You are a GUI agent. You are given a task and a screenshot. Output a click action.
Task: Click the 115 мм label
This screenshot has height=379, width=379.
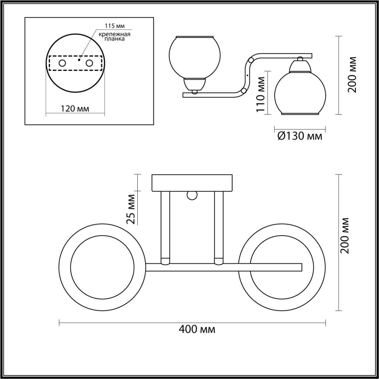[x=115, y=25]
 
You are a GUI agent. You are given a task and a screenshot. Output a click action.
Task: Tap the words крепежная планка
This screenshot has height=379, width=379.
[x=115, y=37]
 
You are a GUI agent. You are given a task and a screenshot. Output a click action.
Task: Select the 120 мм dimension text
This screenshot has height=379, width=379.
[x=75, y=108]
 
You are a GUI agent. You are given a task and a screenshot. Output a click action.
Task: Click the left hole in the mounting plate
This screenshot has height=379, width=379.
[x=62, y=64]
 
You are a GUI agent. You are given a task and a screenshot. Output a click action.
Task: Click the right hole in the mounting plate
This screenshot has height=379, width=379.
[x=89, y=64]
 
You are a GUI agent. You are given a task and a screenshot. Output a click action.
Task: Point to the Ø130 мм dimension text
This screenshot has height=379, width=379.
[x=300, y=136]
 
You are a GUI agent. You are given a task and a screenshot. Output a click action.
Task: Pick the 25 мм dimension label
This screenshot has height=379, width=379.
[x=131, y=209]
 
